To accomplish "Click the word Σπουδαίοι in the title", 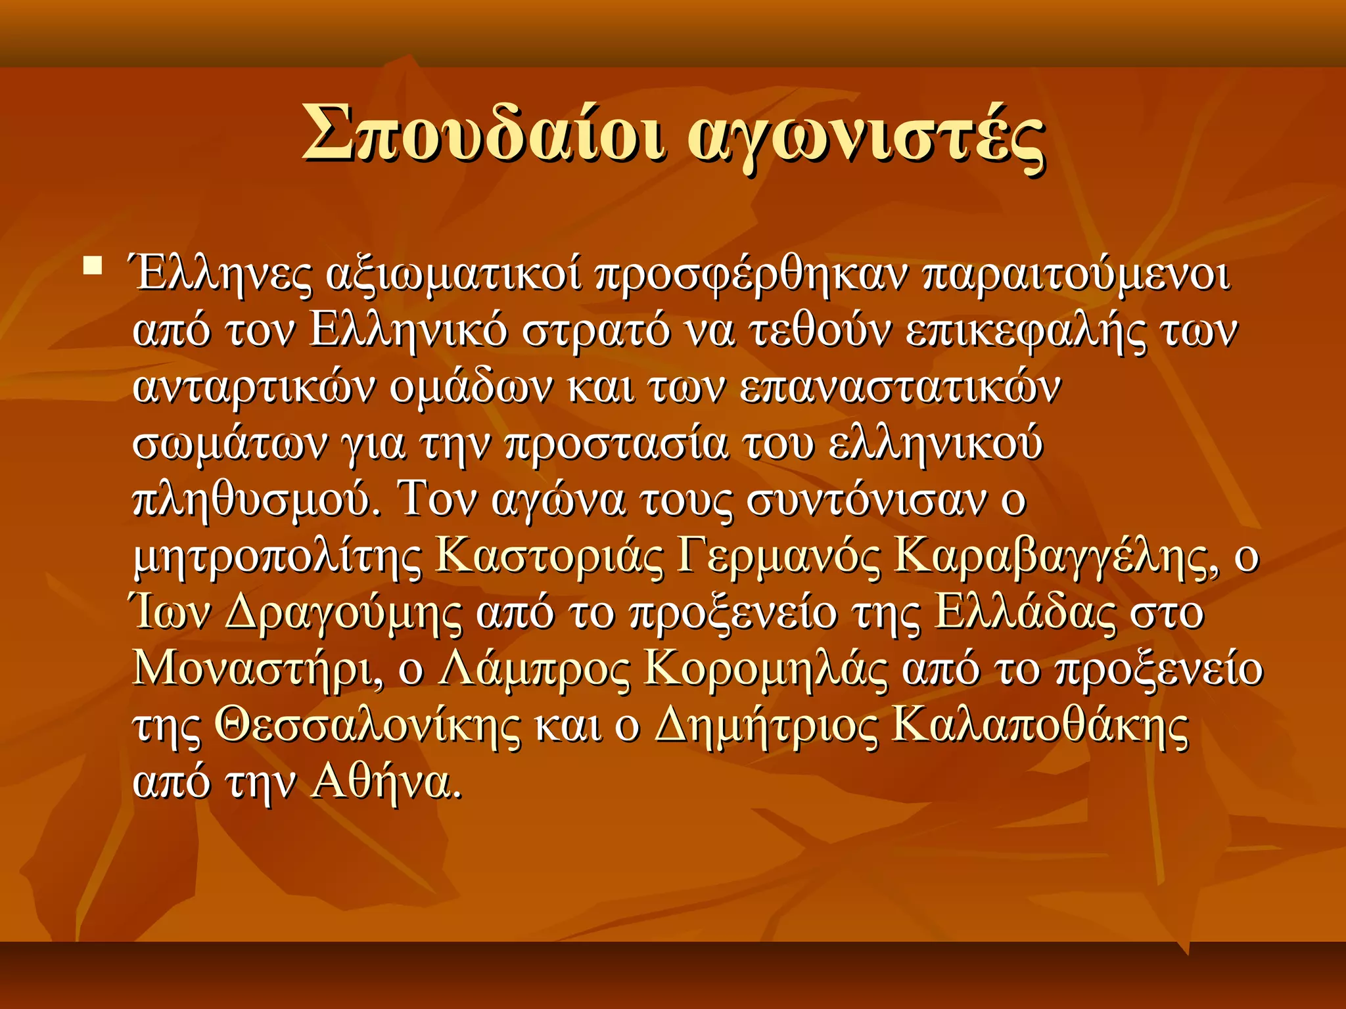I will (483, 133).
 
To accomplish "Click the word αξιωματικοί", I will (453, 275).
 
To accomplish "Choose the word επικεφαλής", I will (1025, 332).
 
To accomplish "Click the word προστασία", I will (616, 445).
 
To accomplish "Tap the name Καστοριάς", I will (549, 557).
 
